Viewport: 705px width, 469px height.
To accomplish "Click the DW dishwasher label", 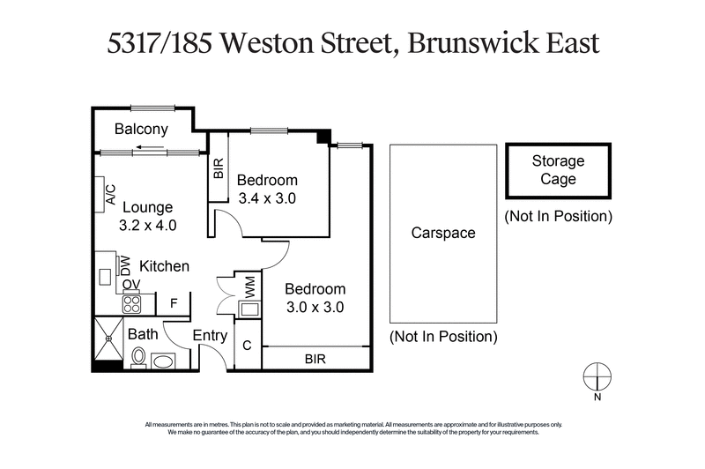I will (125, 264).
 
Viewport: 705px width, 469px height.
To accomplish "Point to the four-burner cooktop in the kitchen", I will (132, 303).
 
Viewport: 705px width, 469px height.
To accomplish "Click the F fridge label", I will (174, 304).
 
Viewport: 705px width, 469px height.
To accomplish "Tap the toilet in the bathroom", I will (138, 357).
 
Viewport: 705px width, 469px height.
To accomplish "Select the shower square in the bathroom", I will (109, 337).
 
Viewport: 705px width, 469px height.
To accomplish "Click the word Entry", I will (209, 336).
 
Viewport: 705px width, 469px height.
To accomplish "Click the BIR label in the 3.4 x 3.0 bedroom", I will (219, 167).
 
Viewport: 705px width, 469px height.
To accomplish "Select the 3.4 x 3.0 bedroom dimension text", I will (267, 198).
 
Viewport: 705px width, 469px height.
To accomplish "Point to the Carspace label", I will (442, 234).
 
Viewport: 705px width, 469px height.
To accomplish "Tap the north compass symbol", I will (597, 375).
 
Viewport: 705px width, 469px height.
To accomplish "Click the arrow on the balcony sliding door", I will (152, 147).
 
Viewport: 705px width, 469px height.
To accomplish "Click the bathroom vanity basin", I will (163, 360).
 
